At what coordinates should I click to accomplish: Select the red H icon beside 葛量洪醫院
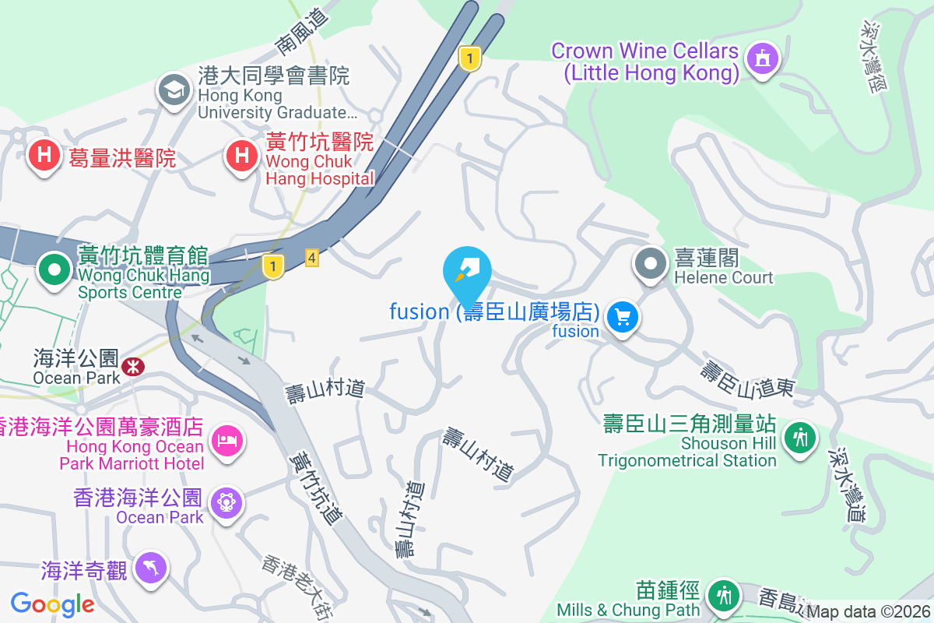coord(44,156)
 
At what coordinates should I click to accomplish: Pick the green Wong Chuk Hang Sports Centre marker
coord(54,270)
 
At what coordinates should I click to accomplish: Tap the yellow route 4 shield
coord(312,258)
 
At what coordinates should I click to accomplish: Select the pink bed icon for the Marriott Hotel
coord(226,442)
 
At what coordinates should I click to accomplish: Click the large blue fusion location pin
coord(467,273)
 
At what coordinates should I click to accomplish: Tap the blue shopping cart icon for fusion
coord(623,318)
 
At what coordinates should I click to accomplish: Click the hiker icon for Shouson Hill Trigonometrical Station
coord(799,437)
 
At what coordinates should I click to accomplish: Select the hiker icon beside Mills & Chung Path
coord(724,597)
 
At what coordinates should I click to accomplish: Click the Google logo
coord(53,604)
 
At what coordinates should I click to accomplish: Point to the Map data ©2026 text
coord(868,612)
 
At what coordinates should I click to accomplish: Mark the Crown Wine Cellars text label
coord(644,62)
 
